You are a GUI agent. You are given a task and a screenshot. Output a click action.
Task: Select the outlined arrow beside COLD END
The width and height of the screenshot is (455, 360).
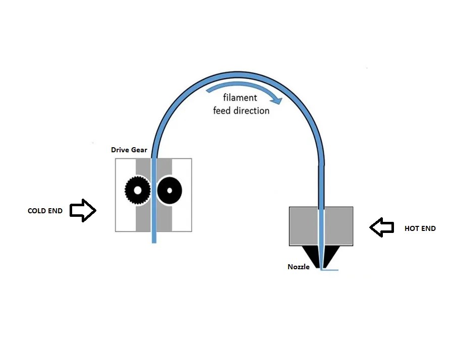tap(82, 211)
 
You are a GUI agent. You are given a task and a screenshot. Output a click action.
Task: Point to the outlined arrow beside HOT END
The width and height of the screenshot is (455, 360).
tap(382, 227)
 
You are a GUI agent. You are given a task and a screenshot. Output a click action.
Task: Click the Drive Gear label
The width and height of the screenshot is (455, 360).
tap(129, 150)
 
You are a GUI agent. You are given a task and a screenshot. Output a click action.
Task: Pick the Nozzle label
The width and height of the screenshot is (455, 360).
tap(299, 267)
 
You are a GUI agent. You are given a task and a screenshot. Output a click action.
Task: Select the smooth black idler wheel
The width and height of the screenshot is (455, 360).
tap(169, 191)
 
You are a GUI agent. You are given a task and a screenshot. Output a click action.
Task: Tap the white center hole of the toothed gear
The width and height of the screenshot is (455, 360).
tap(136, 191)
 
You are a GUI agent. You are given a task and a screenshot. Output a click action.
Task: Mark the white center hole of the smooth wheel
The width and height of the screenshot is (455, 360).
tap(170, 191)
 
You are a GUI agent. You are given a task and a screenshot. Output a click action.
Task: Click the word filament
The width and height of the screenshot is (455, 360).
tap(240, 98)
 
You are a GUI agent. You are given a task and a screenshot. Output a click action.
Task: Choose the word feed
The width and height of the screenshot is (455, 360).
tap(222, 110)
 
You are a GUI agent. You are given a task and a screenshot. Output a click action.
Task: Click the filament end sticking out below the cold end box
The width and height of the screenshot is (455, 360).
tap(154, 237)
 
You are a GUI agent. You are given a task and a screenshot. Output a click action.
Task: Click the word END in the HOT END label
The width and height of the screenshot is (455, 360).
tap(428, 228)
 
